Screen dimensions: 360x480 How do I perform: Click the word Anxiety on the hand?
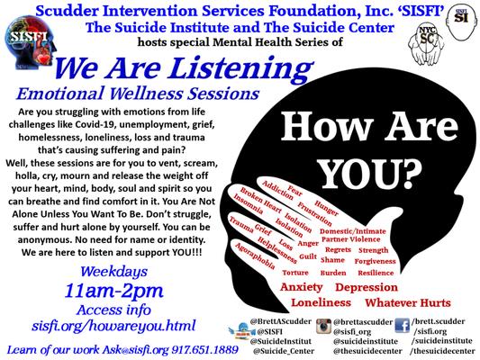tap(302, 287)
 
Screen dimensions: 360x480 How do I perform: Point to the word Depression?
tap(367, 287)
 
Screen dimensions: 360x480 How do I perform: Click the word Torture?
tap(294, 272)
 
